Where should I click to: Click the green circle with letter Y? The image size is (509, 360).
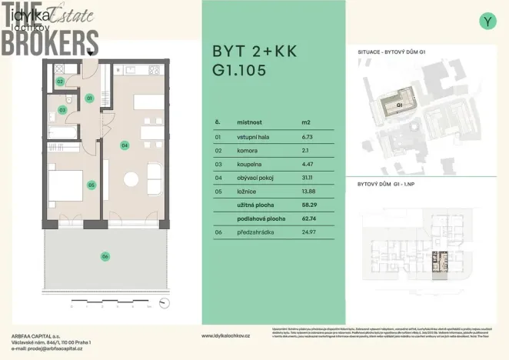click(x=487, y=22)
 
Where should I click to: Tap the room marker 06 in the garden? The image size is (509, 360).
click(x=106, y=256)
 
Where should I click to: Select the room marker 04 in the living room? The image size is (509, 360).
click(x=125, y=144)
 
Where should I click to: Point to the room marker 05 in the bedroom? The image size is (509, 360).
click(x=91, y=185)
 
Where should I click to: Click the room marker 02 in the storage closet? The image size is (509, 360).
click(x=60, y=81)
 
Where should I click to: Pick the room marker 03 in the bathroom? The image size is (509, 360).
click(x=62, y=110)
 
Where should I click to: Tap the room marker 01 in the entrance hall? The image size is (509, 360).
click(x=89, y=98)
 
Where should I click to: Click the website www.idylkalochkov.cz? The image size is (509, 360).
click(x=225, y=336)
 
